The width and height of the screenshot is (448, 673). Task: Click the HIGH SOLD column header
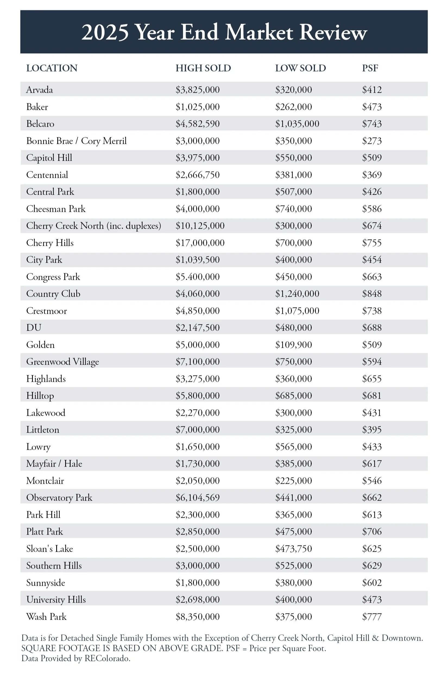point(203,68)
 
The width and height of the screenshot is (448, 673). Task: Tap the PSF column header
point(370,68)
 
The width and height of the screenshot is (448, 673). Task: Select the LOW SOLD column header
point(300,68)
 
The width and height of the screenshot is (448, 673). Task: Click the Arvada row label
point(39,89)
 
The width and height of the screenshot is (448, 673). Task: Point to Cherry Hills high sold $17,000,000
point(200,243)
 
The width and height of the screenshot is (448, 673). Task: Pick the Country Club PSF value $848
point(372,294)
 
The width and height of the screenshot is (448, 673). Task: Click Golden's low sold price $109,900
point(294,345)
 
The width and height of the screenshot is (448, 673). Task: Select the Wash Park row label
point(46,616)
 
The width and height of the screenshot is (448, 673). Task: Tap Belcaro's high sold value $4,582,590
point(197,124)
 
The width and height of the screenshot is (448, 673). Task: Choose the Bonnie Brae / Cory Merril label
point(76,141)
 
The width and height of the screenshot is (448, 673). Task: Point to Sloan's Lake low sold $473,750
point(294,548)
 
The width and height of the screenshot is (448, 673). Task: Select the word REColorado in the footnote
point(107,658)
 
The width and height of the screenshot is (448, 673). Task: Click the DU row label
point(34,327)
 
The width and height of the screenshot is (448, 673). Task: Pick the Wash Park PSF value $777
point(372,616)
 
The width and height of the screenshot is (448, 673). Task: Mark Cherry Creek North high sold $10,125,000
point(200,226)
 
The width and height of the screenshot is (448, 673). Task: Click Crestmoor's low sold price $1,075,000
point(297,311)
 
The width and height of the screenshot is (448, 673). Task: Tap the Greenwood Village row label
point(62,362)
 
